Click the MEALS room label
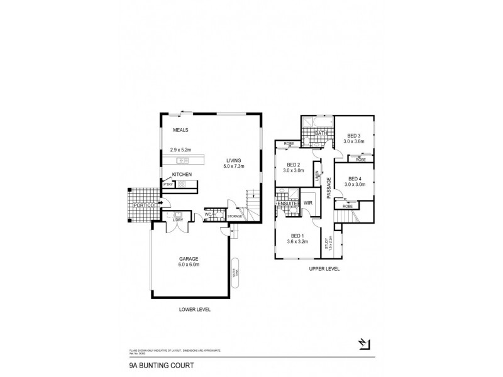point(181,130)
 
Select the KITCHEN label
point(182,174)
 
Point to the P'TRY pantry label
point(169,185)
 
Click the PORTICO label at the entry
point(143,205)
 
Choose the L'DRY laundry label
point(179,219)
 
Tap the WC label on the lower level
point(207,215)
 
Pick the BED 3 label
point(354,136)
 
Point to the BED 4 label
point(355,178)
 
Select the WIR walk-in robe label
point(308,204)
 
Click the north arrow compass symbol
point(362,344)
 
